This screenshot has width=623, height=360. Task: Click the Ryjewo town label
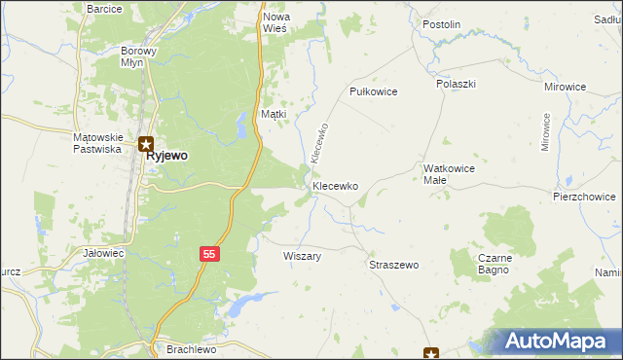point(166,156)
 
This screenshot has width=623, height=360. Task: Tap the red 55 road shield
point(209,254)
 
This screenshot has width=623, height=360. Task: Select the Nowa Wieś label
point(275,23)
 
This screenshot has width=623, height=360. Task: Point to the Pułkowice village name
point(374,90)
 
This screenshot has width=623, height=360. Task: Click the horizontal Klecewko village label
point(336,185)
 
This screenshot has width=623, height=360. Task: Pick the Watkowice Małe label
point(449,174)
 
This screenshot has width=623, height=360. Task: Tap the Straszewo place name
point(393,265)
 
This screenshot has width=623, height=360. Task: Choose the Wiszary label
point(302,256)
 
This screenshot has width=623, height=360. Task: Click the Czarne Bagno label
point(495,265)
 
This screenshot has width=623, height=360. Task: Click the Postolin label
point(441,24)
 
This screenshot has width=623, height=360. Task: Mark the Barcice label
point(104,9)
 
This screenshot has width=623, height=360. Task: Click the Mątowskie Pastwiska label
point(96,143)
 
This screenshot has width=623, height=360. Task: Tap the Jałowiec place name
point(104,253)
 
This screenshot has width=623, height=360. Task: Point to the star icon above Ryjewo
point(145,142)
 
